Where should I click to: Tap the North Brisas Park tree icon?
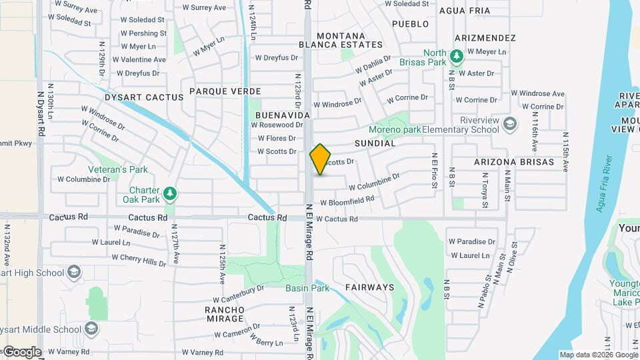tap(457, 56)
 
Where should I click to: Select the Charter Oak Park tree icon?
tap(171, 194)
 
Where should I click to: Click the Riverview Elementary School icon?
tap(510, 124)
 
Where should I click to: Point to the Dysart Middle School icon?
tap(91, 329)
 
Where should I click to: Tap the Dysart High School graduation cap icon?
tap(73, 272)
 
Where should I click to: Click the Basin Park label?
tap(307, 288)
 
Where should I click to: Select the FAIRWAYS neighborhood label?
tap(370, 287)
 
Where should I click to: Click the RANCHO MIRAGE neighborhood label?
tap(225, 315)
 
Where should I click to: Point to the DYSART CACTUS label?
tap(144, 97)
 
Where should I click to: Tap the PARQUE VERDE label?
tap(225, 91)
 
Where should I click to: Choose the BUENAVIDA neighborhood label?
tap(282, 115)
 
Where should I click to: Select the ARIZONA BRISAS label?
tap(514, 162)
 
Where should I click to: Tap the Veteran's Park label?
tap(121, 169)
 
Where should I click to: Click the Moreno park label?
tap(395, 129)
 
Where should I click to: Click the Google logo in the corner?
tap(21, 351)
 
